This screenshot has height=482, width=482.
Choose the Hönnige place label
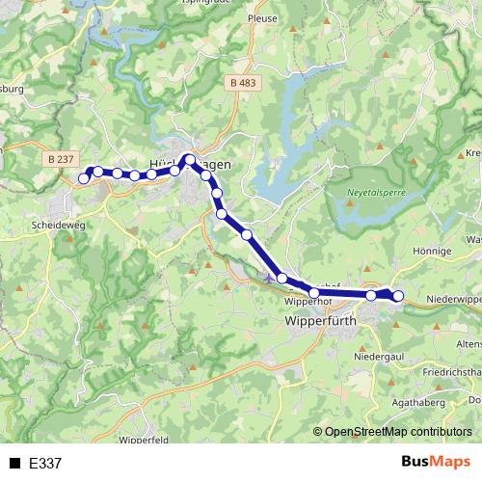click(x=432, y=251)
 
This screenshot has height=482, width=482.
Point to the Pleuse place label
click(x=262, y=18)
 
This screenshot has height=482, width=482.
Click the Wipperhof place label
click(x=308, y=302)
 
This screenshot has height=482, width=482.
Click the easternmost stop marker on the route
click(x=398, y=296)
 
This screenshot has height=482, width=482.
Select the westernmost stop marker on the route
click(x=84, y=178)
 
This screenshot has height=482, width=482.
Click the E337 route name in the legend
click(x=45, y=464)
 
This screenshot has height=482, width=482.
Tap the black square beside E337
click(x=15, y=464)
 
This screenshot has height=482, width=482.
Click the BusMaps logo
click(x=436, y=463)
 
